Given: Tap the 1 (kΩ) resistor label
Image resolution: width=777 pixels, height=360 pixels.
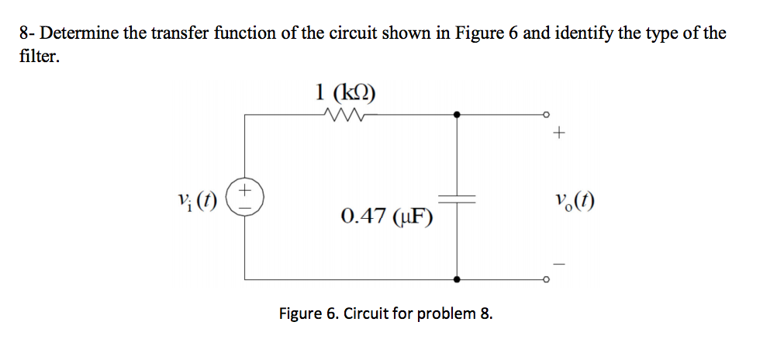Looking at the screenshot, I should (x=345, y=93).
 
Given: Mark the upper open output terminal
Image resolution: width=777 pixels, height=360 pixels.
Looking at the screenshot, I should (x=545, y=115).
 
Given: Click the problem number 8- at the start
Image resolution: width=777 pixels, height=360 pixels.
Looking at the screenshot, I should (x=28, y=33).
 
